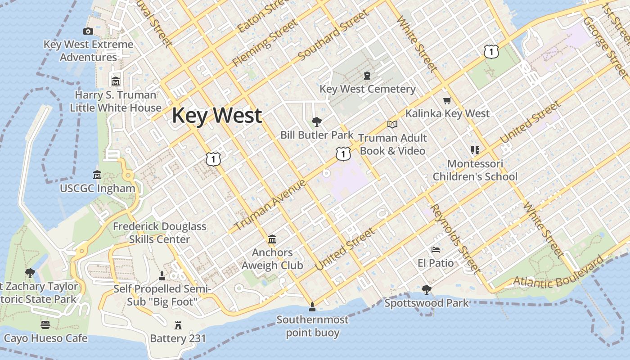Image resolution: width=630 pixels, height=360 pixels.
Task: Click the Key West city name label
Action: (x=216, y=115)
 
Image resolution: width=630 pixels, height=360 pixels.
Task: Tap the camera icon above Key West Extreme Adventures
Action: (x=88, y=31)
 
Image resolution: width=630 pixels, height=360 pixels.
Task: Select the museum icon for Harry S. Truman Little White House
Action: (x=116, y=81)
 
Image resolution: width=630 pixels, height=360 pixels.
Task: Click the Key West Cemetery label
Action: (x=367, y=89)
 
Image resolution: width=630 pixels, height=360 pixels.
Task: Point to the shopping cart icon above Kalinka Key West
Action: (x=447, y=101)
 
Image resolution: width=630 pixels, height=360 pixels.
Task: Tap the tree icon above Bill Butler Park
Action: (x=317, y=121)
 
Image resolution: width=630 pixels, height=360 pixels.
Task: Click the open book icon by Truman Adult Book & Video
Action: (x=392, y=124)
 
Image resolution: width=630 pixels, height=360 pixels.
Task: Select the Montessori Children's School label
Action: (x=475, y=170)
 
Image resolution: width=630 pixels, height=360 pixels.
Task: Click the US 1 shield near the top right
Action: (x=491, y=52)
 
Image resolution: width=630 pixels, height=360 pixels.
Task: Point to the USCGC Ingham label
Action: (x=98, y=189)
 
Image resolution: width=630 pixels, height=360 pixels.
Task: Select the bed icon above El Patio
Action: (x=435, y=250)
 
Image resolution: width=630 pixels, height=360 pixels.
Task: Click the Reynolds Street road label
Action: (x=454, y=238)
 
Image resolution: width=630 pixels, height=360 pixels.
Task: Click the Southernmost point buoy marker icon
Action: (x=312, y=307)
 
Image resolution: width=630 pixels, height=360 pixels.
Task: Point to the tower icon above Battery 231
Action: (x=178, y=325)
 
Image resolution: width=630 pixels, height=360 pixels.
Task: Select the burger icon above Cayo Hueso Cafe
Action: (x=45, y=324)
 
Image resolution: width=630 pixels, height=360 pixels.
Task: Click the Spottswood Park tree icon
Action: (x=426, y=290)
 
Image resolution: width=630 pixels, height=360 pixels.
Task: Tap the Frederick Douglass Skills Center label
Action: (x=159, y=233)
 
